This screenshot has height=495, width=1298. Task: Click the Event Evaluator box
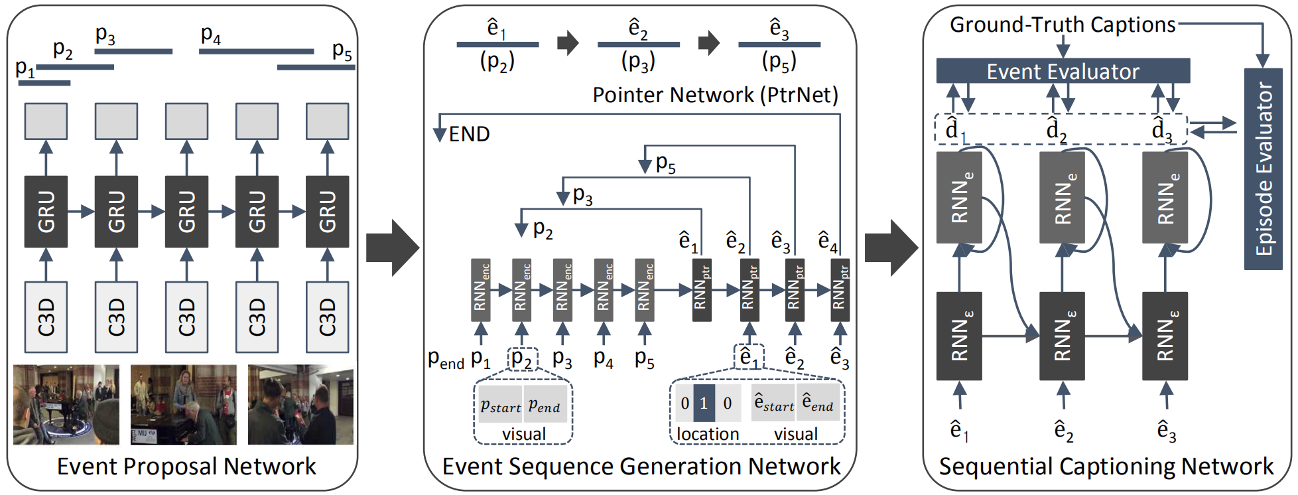point(1062,71)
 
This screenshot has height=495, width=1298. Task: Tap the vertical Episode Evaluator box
point(1263,169)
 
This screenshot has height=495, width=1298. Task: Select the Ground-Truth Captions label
point(1062,25)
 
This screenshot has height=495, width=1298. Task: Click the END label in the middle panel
point(469,135)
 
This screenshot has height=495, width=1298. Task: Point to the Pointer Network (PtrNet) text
point(715,95)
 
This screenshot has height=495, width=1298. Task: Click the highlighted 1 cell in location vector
point(704,403)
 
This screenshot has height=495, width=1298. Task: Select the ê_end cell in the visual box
point(817,403)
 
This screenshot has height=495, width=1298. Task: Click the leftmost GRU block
point(46,212)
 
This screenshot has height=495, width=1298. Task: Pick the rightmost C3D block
point(327,317)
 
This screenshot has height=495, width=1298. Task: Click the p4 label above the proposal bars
point(210,35)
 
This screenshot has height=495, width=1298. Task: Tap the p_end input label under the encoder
point(446,360)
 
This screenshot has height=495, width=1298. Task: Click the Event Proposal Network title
point(186,466)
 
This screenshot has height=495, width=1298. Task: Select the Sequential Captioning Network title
point(1106,466)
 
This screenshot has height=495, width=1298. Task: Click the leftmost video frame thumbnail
point(66,404)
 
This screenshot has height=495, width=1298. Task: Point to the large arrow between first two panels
point(392,248)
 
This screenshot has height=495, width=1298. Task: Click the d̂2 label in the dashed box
point(1056,130)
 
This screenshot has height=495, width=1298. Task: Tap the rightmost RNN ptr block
point(840,290)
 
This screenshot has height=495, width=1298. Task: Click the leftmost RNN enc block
point(481,290)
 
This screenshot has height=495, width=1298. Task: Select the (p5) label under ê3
point(779,62)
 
